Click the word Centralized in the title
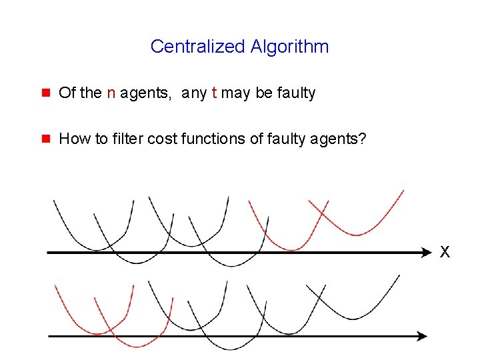(x=198, y=47)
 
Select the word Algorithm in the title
(x=289, y=47)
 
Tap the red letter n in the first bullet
(x=111, y=93)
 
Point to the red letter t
(x=214, y=93)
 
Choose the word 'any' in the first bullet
(x=194, y=93)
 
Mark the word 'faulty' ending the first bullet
(x=296, y=93)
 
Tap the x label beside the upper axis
(x=445, y=252)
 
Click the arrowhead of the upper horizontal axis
(x=427, y=253)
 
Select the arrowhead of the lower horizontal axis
(x=422, y=337)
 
